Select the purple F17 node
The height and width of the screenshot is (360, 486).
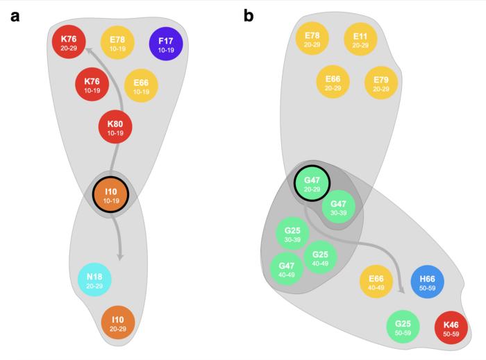click(166, 44)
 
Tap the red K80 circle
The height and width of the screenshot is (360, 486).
click(115, 126)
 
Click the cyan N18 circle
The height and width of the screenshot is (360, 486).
click(94, 280)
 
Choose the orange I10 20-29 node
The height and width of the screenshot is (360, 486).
click(118, 323)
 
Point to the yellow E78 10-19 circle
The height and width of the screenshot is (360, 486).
click(117, 43)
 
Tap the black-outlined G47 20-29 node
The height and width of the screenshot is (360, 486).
click(312, 182)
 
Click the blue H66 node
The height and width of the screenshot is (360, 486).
click(428, 282)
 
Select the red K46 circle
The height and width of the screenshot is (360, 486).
click(451, 327)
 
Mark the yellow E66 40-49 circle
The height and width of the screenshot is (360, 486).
click(376, 282)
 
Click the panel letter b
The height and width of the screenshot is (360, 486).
click(248, 15)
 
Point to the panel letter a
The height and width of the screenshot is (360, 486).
click(15, 15)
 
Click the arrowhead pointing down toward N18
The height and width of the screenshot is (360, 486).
click(120, 256)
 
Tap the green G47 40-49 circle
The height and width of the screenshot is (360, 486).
click(287, 269)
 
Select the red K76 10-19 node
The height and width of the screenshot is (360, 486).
click(92, 85)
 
